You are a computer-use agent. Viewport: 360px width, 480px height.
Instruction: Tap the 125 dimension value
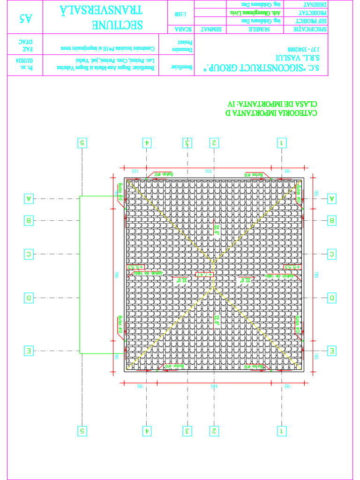click(135, 171)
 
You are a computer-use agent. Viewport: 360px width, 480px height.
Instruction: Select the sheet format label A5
click(25, 18)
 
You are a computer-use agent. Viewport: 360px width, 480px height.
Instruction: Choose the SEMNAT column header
click(210, 29)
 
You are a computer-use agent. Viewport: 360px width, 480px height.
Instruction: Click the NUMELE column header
click(258, 29)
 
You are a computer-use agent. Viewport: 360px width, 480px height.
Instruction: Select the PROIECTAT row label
click(310, 13)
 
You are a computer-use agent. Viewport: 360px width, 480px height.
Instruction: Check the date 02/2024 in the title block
click(24, 60)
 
